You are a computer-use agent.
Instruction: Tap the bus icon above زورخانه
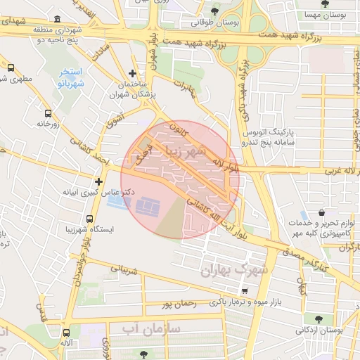[x=48, y=112]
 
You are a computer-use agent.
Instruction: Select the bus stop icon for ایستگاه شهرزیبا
[x=89, y=218]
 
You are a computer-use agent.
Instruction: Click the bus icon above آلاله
[x=67, y=333]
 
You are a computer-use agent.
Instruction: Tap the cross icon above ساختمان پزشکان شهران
[x=132, y=74]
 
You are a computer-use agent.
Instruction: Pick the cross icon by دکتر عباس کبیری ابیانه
[x=98, y=181]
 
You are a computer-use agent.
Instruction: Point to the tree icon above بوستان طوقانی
[x=214, y=11]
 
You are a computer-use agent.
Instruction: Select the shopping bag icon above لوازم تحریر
[x=321, y=212]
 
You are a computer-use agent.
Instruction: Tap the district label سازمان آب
[x=151, y=328]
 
